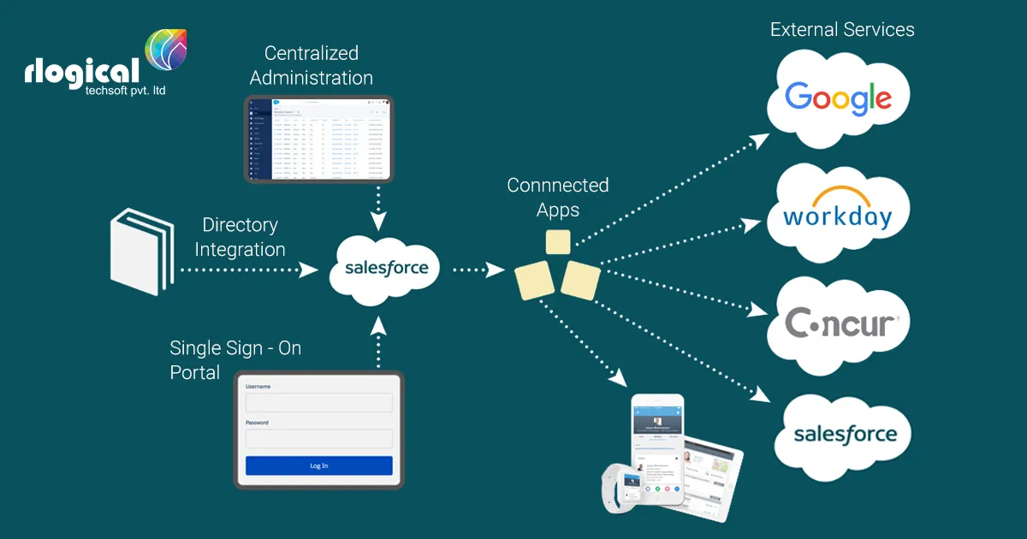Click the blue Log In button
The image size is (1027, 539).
tap(318, 465)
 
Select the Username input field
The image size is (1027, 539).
tap(318, 403)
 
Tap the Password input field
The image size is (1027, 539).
tap(318, 439)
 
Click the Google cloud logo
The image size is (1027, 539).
tap(839, 98)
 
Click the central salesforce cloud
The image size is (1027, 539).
tap(386, 268)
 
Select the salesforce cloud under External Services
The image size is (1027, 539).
tap(844, 435)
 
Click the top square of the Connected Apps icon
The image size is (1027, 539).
tap(558, 242)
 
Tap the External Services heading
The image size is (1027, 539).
tap(842, 30)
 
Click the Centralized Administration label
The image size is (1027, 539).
tap(312, 66)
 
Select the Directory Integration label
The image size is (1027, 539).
tap(240, 237)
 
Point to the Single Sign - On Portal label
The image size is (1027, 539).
tap(235, 360)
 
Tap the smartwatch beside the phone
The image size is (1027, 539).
tap(622, 485)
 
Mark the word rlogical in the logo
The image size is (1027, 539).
tap(81, 71)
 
